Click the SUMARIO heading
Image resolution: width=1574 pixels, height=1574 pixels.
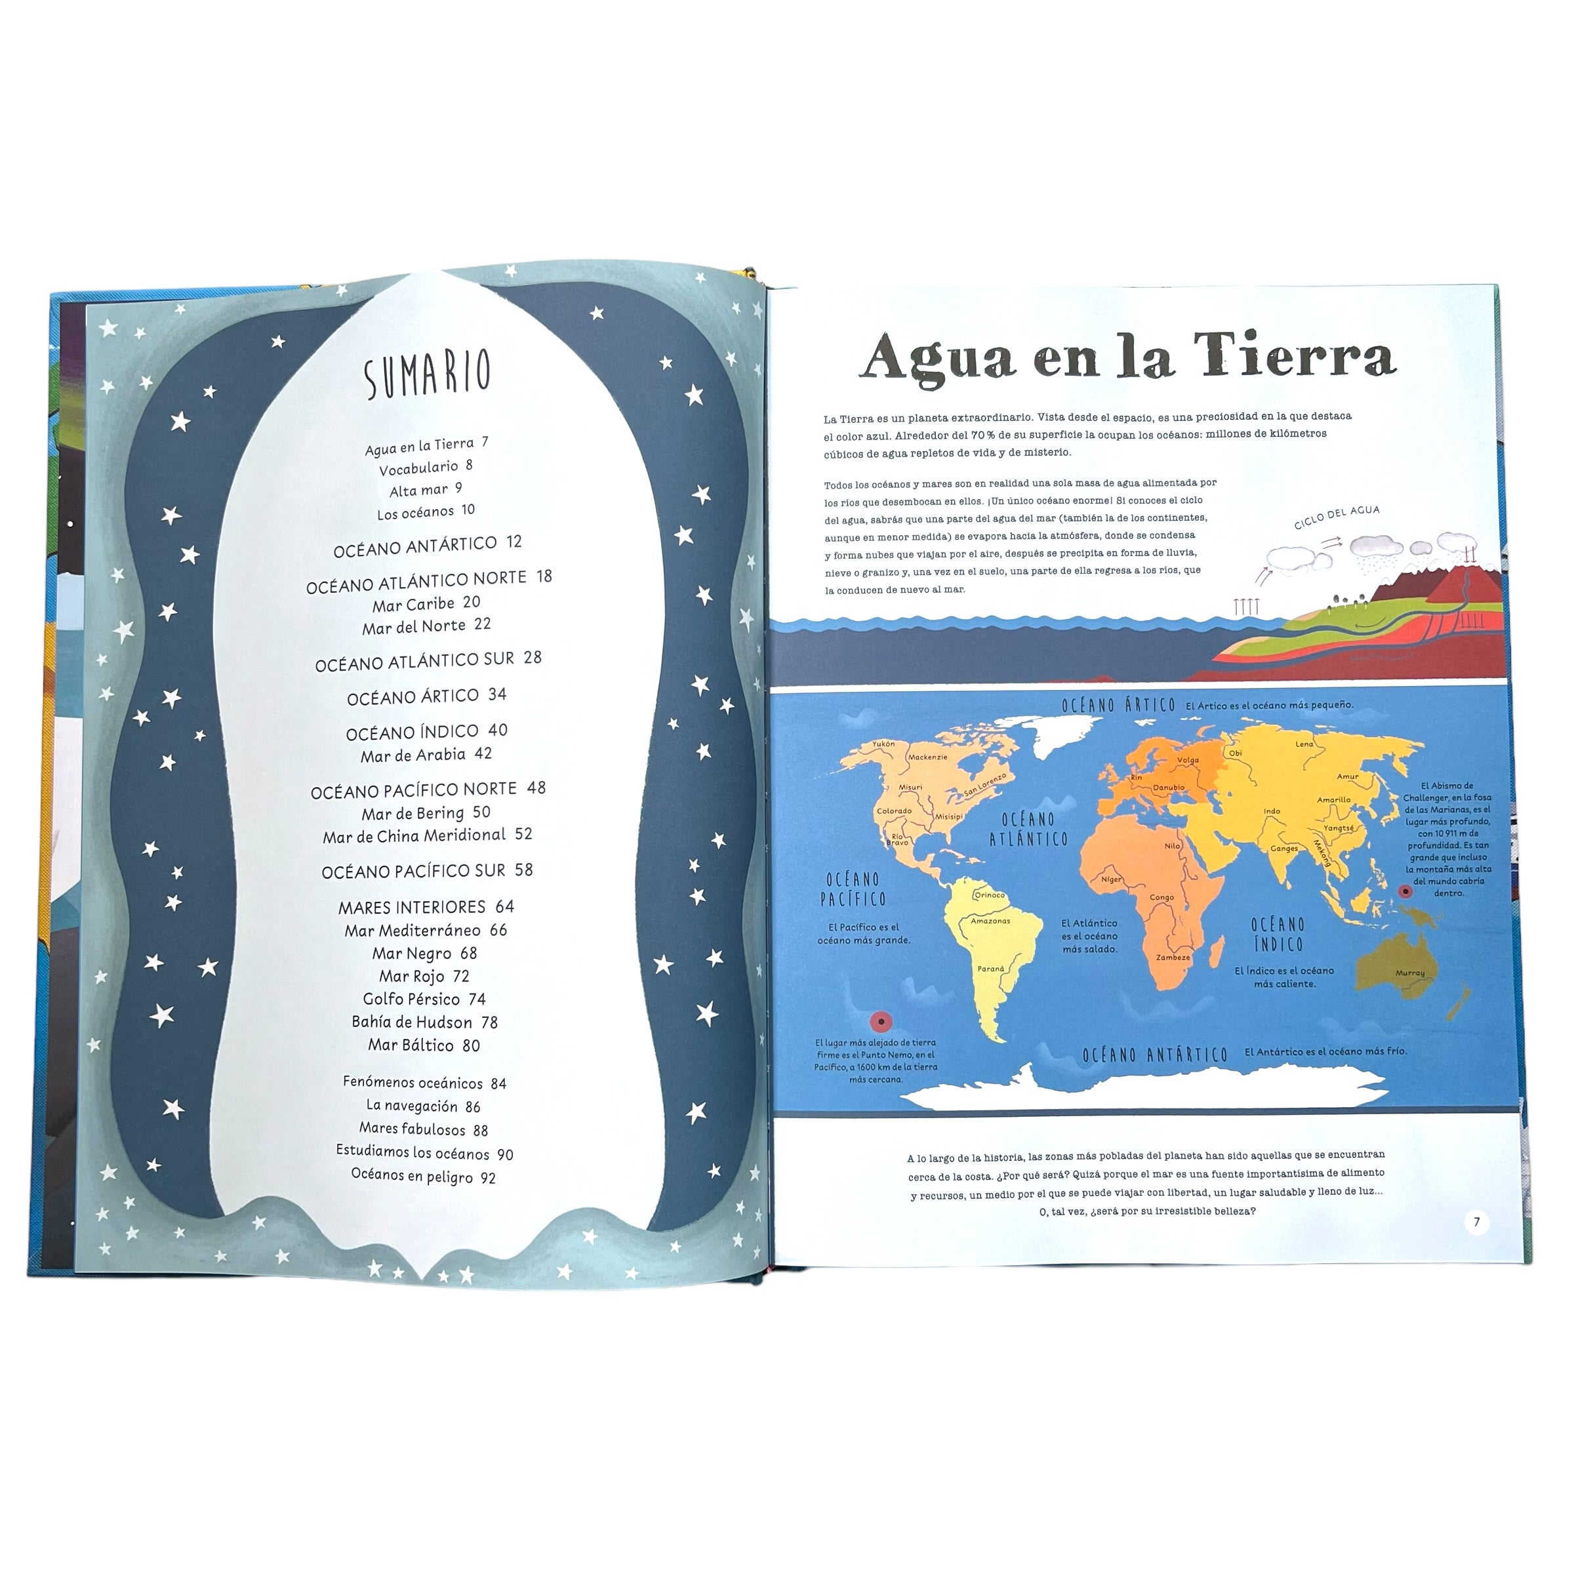pos(427,374)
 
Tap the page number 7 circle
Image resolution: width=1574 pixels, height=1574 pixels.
pos(1476,1222)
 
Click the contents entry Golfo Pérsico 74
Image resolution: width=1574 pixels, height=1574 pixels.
pos(424,999)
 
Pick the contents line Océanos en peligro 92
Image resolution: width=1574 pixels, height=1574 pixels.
pos(423,1176)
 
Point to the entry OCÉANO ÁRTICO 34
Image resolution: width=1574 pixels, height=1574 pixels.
pos(426,696)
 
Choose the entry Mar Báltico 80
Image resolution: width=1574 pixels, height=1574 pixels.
pos(424,1045)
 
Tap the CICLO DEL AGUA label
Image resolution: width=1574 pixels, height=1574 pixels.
pos(1336,517)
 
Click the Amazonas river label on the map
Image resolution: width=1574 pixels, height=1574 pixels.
pos(990,921)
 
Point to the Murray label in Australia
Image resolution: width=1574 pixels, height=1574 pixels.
pos(1409,973)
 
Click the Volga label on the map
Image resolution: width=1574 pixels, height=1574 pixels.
pos(1188,761)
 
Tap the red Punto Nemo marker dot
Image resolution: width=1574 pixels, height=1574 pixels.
pos(881,1021)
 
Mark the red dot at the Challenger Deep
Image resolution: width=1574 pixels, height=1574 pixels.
pos(1405,892)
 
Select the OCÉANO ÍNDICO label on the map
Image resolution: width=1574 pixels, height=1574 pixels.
pos(1278,935)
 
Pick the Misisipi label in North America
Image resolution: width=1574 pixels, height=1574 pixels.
pos(949,817)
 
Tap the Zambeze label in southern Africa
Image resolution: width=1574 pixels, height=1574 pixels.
pos(1173,958)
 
